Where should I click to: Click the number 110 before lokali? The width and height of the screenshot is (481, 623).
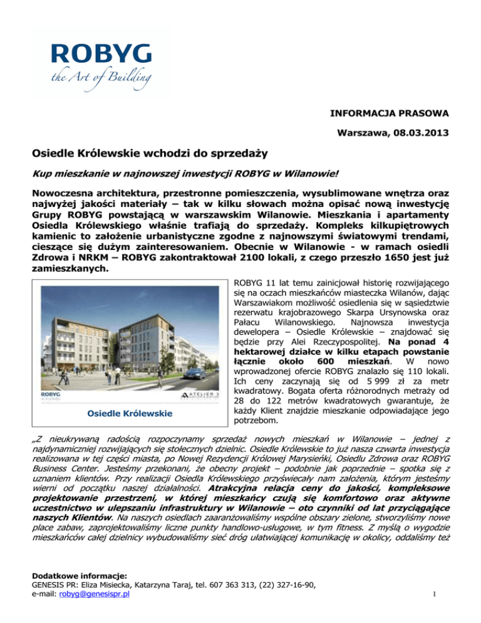click(x=400, y=353)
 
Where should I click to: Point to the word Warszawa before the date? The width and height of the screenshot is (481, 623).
click(x=358, y=133)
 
